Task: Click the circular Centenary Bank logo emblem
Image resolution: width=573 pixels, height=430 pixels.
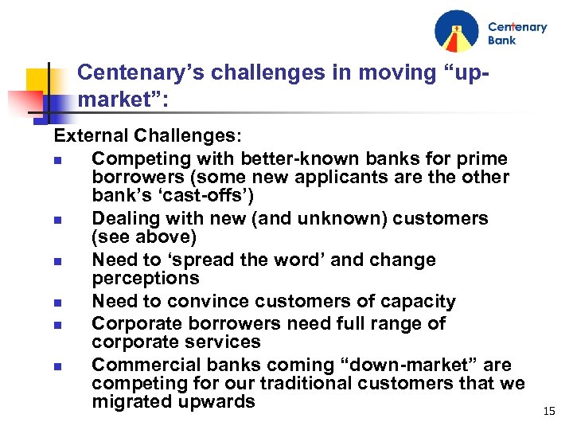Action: click(457, 31)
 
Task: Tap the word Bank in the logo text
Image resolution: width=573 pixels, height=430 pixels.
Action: click(502, 40)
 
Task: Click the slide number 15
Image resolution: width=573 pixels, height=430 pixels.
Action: click(548, 411)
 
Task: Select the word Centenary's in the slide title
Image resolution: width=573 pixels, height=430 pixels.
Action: click(127, 73)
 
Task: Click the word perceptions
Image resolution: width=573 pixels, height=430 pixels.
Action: click(146, 278)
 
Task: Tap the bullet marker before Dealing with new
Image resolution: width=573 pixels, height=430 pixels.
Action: click(58, 219)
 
